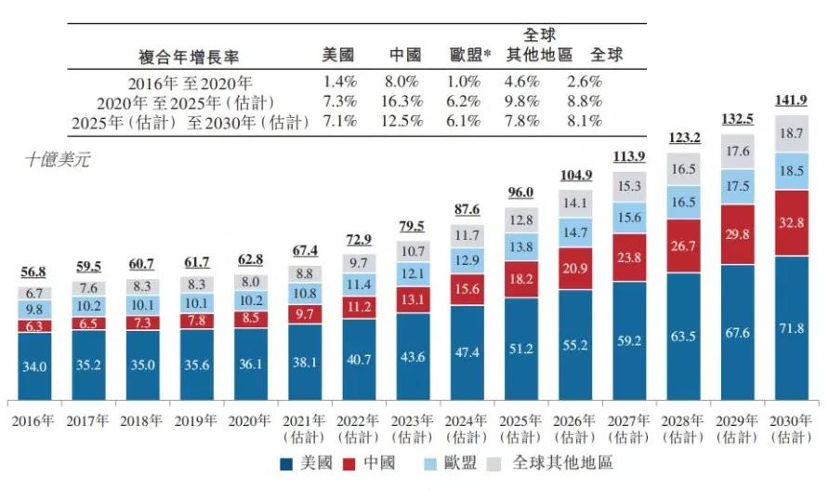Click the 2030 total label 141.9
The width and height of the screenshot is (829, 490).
tap(793, 101)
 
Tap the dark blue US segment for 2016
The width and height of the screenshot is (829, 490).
tap(35, 366)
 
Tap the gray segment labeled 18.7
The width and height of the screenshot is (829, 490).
tap(793, 135)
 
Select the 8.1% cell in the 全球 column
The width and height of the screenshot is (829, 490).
tap(584, 122)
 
